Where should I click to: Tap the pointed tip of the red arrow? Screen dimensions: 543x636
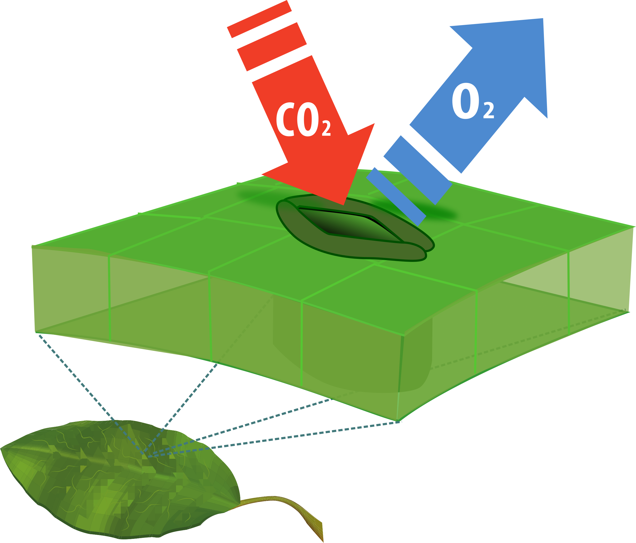344,204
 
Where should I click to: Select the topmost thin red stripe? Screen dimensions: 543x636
259,19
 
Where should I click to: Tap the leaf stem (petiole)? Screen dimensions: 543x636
276,501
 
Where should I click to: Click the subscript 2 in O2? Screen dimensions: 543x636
488,110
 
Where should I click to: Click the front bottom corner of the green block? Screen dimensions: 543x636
397,421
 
